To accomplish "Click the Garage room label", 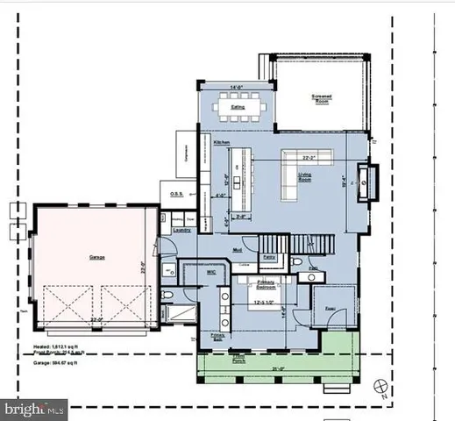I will click(x=96, y=258).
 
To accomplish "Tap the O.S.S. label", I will click(x=177, y=195).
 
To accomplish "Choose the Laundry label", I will click(x=182, y=230).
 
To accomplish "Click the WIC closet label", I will click(x=211, y=273).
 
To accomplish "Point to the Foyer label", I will click(x=331, y=310).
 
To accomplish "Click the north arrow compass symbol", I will click(x=379, y=386).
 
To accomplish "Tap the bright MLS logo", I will click(x=35, y=408).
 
